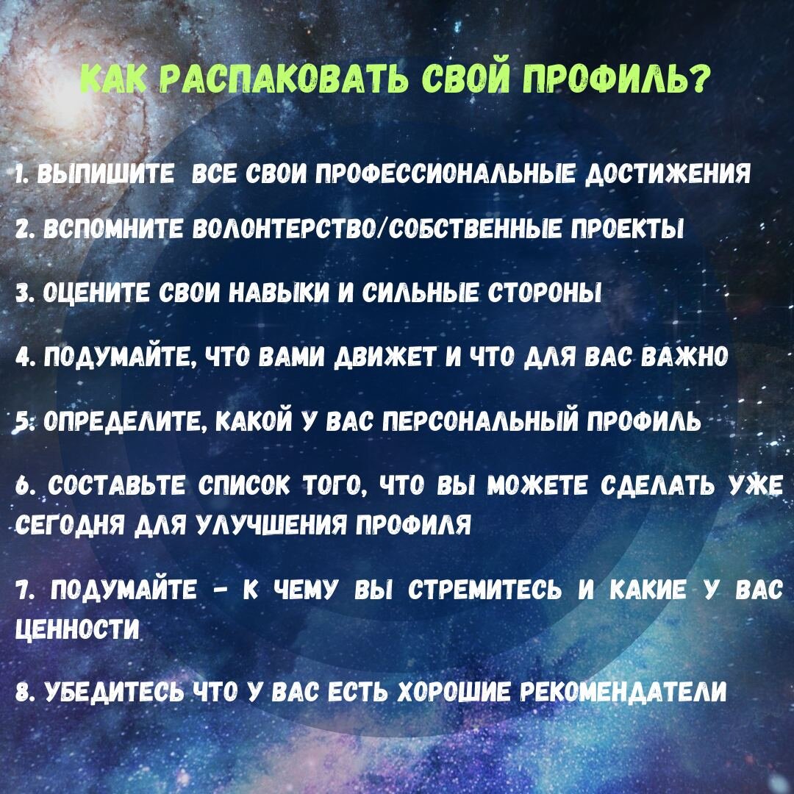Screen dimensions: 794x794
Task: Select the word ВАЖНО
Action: point(684,358)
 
